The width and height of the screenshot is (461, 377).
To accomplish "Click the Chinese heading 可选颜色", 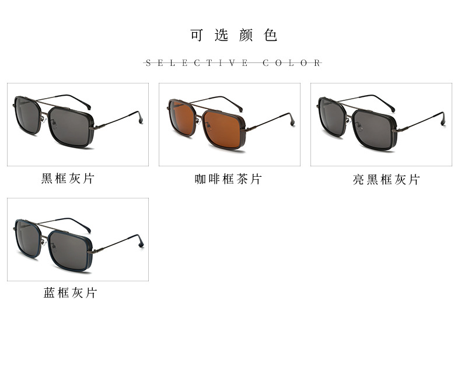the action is click(233, 35).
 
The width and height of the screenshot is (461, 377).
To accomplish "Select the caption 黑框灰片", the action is click(68, 179).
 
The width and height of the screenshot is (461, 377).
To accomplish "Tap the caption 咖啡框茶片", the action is click(228, 179).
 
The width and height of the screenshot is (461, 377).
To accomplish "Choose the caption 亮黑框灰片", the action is click(386, 179).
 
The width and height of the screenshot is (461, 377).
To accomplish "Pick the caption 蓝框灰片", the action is click(70, 293).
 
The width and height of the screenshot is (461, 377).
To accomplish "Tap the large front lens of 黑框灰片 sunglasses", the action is click(69, 127).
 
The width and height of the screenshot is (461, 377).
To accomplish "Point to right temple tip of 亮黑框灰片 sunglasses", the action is click(443, 120).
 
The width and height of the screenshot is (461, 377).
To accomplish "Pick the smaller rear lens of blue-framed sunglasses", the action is click(27, 238).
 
